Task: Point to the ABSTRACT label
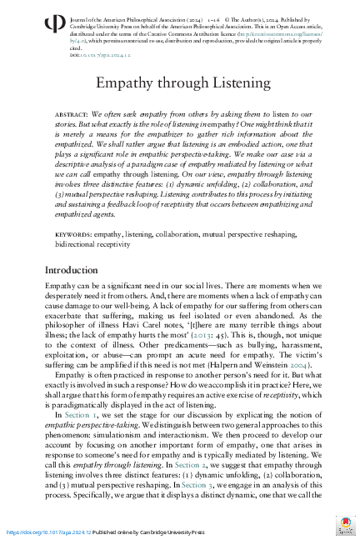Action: [70, 112]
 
